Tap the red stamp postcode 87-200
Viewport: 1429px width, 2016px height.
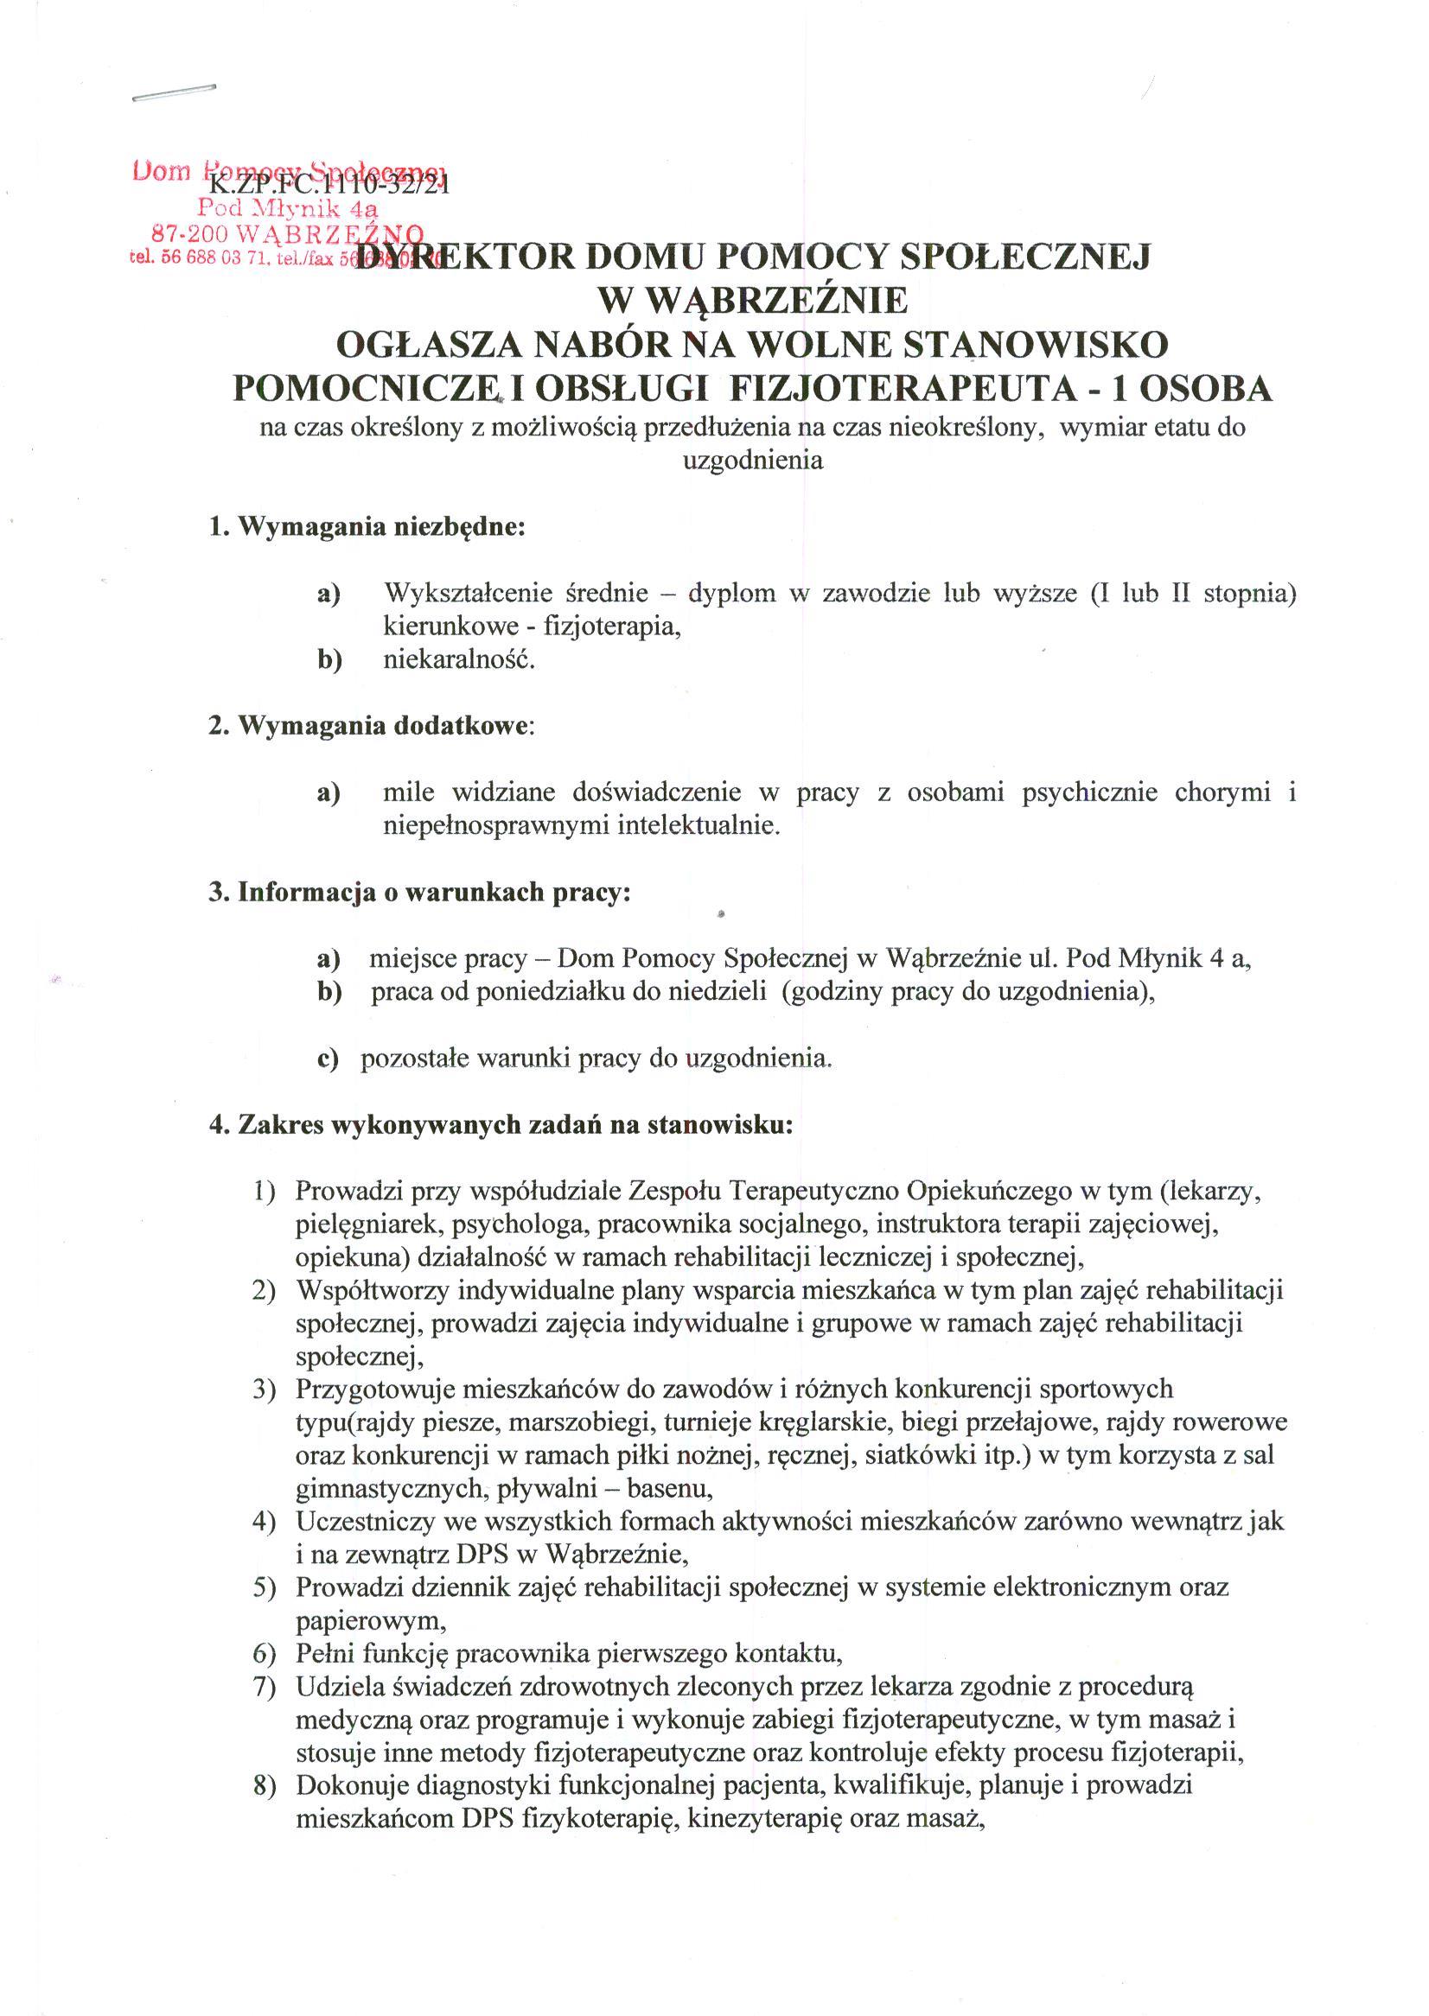(x=190, y=233)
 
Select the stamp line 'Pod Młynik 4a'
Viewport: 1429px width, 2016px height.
(x=287, y=208)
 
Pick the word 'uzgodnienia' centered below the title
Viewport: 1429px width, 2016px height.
(x=753, y=460)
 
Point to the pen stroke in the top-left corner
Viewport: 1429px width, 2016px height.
(x=174, y=93)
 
